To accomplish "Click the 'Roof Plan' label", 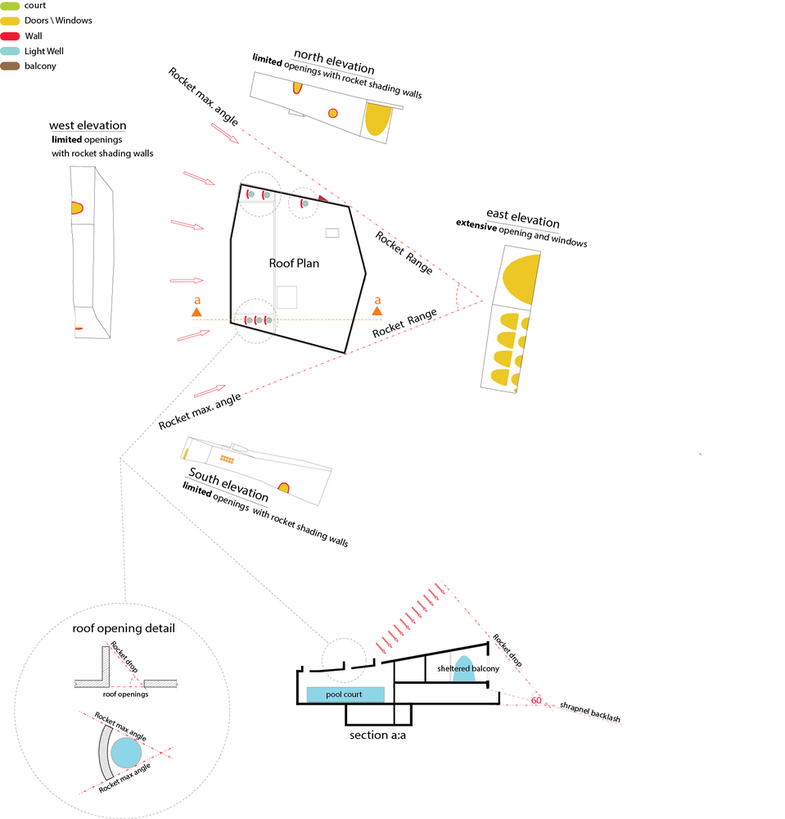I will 294,264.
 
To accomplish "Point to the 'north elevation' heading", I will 334,68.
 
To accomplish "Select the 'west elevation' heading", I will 88,125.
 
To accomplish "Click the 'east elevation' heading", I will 522,219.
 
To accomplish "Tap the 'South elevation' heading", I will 228,485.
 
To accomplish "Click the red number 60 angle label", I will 536,700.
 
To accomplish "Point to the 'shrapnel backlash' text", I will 589,713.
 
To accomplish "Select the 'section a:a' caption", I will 379,735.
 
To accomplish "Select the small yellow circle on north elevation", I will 333,113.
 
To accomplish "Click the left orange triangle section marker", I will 196,311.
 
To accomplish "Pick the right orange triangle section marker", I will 377,310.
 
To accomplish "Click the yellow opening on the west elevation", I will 76,209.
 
